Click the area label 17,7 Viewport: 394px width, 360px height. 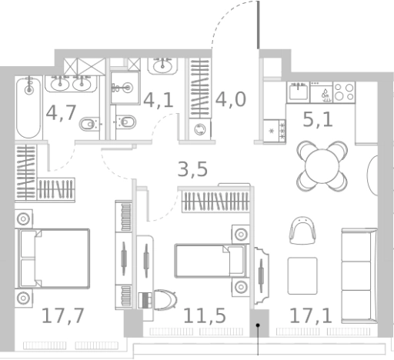point(63,316)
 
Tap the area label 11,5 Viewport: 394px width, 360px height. point(205,316)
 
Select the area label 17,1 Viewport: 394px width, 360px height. point(311,316)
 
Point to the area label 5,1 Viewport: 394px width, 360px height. point(318,119)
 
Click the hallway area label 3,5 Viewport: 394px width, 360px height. point(192,169)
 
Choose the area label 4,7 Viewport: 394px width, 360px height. point(61,113)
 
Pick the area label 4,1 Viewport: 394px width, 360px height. point(159,100)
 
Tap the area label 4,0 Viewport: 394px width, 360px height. point(231,99)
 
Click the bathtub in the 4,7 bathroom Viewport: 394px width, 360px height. point(28,108)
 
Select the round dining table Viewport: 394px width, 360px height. point(322,166)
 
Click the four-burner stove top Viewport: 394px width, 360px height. point(344,92)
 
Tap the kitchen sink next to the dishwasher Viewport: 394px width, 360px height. point(299,92)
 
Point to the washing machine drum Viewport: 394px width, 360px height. point(200,129)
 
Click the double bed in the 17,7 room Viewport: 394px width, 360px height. point(54,258)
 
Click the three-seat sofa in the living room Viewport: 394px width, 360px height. point(359,276)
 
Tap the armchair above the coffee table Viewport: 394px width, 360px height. point(302,230)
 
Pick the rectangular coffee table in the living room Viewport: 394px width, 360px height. point(302,276)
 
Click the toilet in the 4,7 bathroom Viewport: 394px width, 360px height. point(89,125)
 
